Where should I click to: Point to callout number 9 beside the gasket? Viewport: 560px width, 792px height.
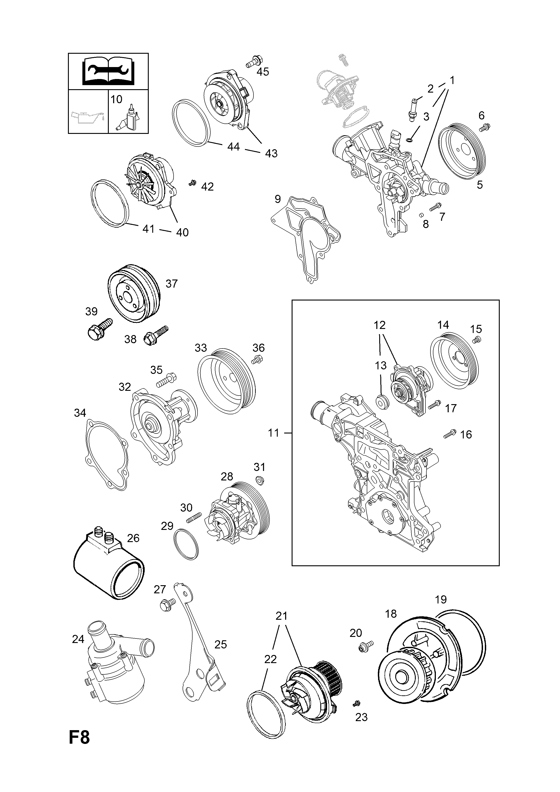(x=278, y=199)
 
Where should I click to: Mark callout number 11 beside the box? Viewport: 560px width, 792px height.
(x=273, y=433)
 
